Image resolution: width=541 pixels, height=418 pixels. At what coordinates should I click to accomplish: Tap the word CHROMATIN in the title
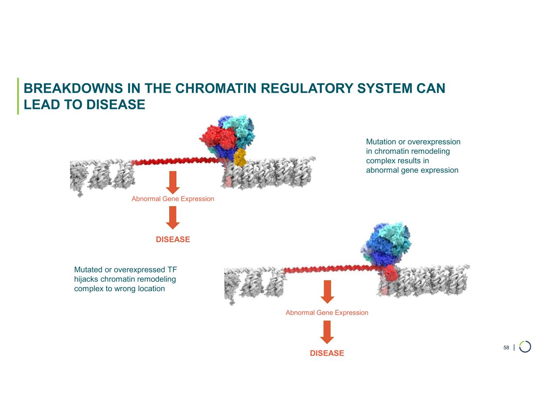click(x=216, y=88)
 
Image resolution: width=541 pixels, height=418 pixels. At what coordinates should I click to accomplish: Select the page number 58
click(x=506, y=347)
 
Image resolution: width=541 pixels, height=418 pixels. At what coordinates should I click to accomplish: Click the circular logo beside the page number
click(x=525, y=347)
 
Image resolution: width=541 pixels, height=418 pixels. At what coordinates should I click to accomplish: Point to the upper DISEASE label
click(x=173, y=239)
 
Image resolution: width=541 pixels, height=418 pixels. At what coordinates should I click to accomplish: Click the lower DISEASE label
click(x=327, y=353)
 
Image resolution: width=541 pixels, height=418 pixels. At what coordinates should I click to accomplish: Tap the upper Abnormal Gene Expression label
click(x=173, y=199)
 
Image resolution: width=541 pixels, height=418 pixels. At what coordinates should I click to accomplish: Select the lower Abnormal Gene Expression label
click(x=327, y=313)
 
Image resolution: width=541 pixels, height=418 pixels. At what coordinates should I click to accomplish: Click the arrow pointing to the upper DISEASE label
click(x=173, y=218)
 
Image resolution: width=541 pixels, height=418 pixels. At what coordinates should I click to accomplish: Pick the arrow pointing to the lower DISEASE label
click(x=327, y=332)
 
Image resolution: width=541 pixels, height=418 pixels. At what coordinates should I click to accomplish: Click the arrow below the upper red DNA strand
click(x=173, y=182)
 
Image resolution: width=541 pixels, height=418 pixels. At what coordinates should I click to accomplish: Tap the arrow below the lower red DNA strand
click(x=327, y=291)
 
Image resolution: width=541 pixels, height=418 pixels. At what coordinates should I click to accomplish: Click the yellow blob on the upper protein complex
click(x=239, y=157)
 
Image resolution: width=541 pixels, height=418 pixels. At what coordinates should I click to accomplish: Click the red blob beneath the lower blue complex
click(x=390, y=273)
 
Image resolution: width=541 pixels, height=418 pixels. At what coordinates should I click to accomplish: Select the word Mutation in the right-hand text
click(x=381, y=142)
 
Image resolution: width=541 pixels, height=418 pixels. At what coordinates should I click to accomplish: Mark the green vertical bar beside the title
click(x=18, y=96)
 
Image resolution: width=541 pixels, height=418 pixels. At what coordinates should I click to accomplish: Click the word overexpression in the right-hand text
click(x=434, y=142)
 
